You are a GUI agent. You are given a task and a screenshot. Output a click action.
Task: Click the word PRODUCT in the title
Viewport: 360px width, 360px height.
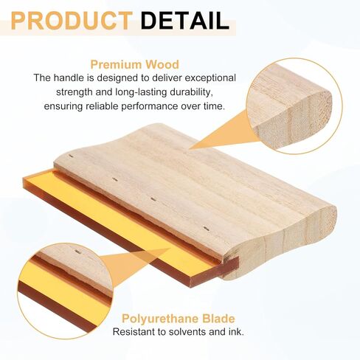pos(72,21)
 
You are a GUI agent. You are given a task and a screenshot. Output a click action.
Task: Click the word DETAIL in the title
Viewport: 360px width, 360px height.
pos(185,21)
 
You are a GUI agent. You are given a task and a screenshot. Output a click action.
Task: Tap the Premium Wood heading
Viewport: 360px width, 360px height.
pos(134,65)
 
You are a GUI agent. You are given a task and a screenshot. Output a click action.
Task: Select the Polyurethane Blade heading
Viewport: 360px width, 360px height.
pos(179,319)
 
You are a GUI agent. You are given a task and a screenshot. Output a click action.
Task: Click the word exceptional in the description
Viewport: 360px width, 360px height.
pos(210,78)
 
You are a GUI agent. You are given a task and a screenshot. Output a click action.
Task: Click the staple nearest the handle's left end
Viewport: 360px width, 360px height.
pos(72,156)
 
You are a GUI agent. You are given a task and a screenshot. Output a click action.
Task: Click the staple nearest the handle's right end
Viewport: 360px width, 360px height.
pos(207,229)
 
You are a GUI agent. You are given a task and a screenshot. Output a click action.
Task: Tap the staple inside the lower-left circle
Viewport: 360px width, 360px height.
pos(77,252)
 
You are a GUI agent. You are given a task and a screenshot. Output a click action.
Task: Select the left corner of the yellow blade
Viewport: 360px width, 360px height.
pos(24,179)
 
